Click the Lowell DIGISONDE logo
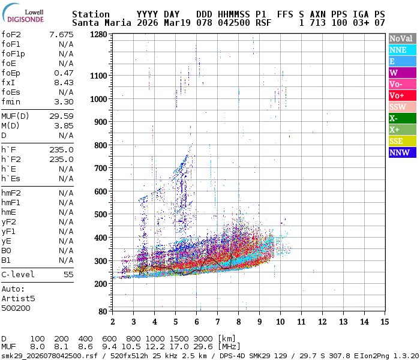pos(25,15)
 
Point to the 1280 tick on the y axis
pos(98,35)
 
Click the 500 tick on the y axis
pos(100,214)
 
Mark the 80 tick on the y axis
pos(103,311)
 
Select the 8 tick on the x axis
pos(238,322)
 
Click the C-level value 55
pos(68,275)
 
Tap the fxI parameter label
pos(8,83)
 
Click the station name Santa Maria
pos(98,23)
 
